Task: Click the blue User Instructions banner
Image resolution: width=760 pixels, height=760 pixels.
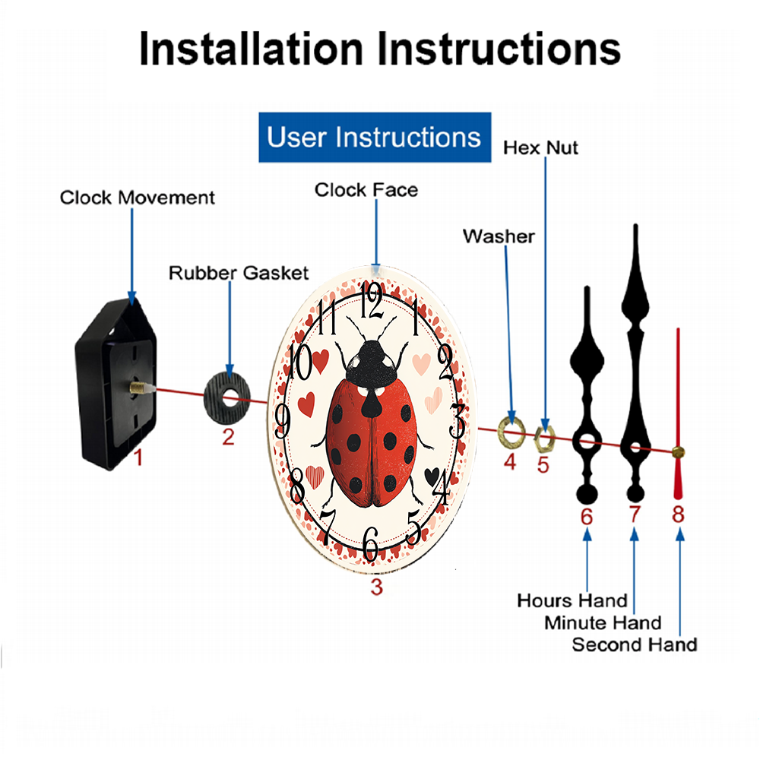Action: [375, 137]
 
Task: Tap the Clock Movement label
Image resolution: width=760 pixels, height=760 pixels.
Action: [137, 198]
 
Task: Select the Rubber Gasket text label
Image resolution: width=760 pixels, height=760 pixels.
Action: [239, 273]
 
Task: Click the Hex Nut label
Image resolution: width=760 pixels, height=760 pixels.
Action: [540, 147]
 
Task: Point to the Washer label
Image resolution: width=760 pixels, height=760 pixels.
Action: [499, 236]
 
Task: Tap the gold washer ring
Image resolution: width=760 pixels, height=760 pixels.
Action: [511, 431]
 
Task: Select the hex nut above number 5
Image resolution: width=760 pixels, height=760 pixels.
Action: [544, 439]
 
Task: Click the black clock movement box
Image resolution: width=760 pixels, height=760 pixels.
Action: [116, 384]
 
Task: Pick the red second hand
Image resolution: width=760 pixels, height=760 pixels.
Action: [678, 414]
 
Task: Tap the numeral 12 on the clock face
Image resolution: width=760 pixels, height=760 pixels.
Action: [372, 300]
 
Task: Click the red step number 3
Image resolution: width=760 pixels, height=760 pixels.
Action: [377, 587]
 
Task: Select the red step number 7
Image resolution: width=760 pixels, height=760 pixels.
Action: [635, 515]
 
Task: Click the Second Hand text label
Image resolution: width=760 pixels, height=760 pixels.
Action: [635, 645]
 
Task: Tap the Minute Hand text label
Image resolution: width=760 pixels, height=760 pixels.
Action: [603, 623]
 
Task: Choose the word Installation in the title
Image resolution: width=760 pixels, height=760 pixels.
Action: [251, 49]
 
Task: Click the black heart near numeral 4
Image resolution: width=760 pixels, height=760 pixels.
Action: [432, 477]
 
